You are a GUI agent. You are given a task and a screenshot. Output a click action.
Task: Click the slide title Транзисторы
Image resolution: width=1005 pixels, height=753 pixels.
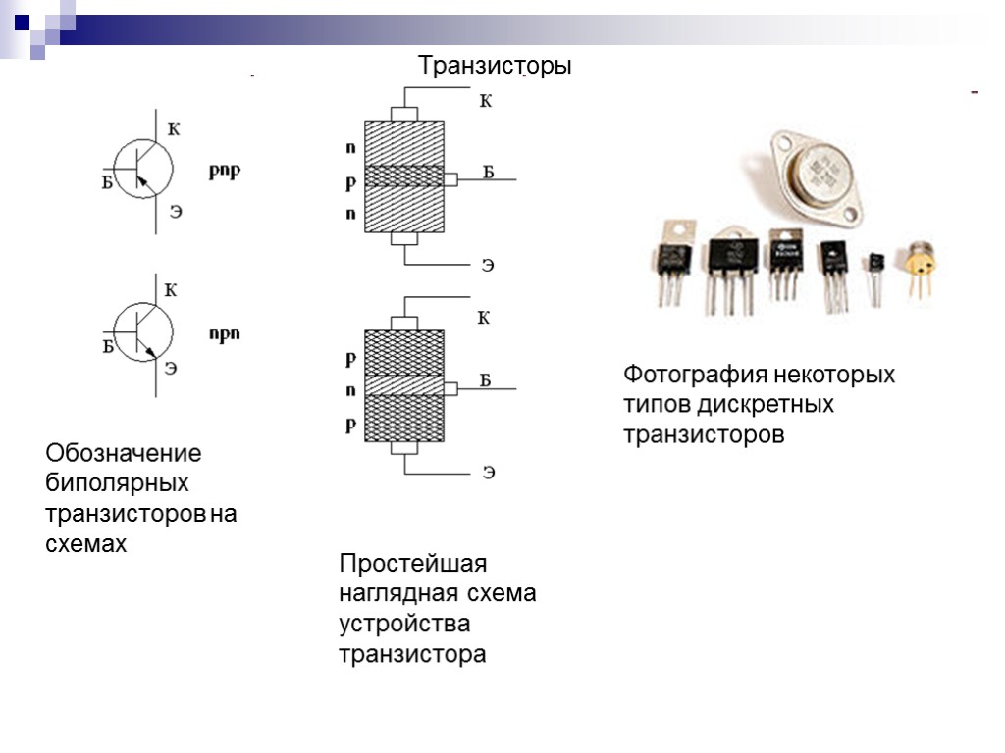tap(494, 67)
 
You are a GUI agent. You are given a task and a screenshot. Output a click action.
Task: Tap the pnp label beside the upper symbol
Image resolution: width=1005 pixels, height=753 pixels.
tap(225, 170)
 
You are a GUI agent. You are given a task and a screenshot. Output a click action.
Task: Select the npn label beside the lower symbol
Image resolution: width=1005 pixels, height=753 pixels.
tap(225, 333)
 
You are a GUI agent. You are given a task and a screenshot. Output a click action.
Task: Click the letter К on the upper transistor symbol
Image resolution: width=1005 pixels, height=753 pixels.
tap(174, 128)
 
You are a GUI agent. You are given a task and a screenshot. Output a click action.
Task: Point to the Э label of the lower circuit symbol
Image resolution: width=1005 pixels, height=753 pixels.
tap(171, 368)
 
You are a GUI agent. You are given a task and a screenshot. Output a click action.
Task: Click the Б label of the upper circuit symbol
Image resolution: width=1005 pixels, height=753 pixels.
tap(107, 181)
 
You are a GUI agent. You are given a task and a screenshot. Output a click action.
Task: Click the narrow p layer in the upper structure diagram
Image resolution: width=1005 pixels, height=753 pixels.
tap(403, 177)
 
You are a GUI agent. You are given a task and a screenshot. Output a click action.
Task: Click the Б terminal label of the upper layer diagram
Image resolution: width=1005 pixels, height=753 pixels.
tap(488, 174)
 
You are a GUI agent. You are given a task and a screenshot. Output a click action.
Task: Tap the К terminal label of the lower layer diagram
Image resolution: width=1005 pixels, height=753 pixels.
tap(483, 318)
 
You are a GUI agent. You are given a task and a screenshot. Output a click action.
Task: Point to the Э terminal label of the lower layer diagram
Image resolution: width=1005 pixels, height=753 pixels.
tap(488, 474)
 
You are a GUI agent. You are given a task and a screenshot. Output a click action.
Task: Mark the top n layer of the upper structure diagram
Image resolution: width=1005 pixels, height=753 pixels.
tap(403, 141)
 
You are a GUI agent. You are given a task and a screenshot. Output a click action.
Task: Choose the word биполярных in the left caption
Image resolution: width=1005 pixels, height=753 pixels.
tap(118, 483)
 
